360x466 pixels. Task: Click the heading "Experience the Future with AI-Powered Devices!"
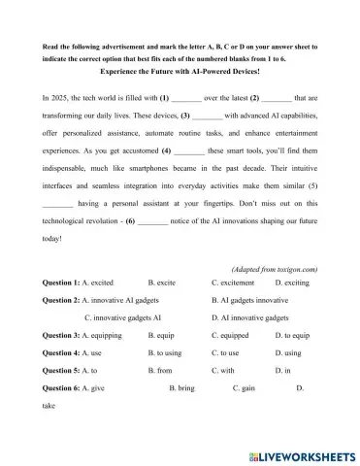click(x=180, y=71)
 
